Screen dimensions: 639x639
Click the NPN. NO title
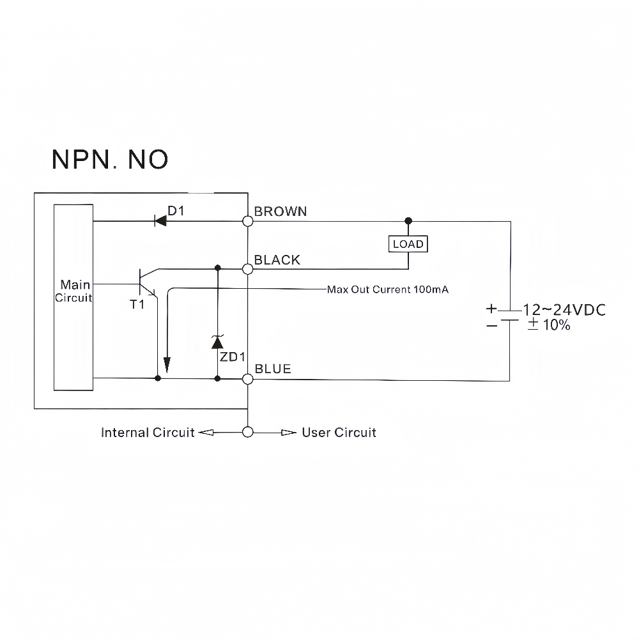110,159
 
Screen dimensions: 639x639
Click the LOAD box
408,244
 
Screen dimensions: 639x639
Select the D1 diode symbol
160,221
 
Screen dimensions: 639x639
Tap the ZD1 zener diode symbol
217,341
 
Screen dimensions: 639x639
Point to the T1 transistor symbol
148,282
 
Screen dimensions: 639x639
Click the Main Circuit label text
74,291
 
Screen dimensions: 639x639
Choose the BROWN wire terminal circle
248,221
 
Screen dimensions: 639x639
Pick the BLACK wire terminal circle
248,269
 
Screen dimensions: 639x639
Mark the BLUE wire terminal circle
248,379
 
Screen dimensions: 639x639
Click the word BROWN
281,212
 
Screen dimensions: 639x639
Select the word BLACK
277,260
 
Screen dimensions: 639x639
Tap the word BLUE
273,369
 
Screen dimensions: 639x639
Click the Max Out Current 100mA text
388,289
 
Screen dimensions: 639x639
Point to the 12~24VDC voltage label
564,310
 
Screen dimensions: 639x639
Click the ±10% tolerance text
548,325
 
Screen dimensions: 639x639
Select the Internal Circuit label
148,433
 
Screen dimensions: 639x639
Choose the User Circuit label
339,433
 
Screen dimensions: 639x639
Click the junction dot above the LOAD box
408,221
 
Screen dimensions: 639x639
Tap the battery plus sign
491,309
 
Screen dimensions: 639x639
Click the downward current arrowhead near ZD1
167,365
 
